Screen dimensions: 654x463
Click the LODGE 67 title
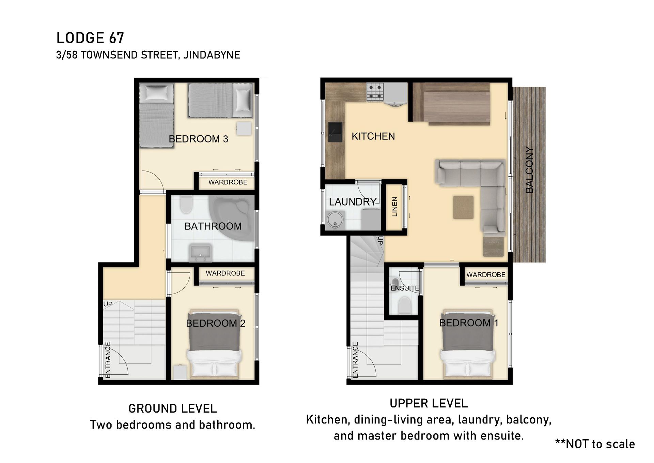90,38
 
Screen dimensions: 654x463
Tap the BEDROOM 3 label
199,139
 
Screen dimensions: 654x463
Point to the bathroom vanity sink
201,253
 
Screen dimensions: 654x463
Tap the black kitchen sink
335,132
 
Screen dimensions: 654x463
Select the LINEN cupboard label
394,207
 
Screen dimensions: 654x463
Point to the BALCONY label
529,170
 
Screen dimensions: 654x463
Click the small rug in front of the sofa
463,207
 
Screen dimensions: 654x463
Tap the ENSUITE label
405,288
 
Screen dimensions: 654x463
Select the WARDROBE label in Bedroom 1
486,275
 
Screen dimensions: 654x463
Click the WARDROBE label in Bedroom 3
228,182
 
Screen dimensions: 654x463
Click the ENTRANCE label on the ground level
108,360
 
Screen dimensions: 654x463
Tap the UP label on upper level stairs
380,240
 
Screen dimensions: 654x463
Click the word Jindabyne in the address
212,55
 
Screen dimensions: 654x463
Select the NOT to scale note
595,444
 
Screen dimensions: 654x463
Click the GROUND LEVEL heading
173,408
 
